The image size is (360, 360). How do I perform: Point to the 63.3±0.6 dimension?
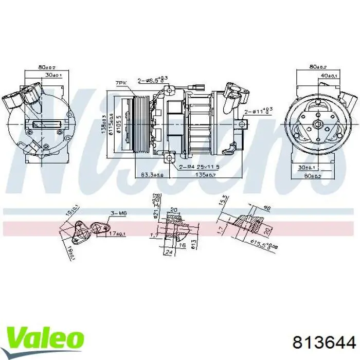pos(152,175)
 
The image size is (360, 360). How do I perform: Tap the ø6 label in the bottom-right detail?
pos(267,208)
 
